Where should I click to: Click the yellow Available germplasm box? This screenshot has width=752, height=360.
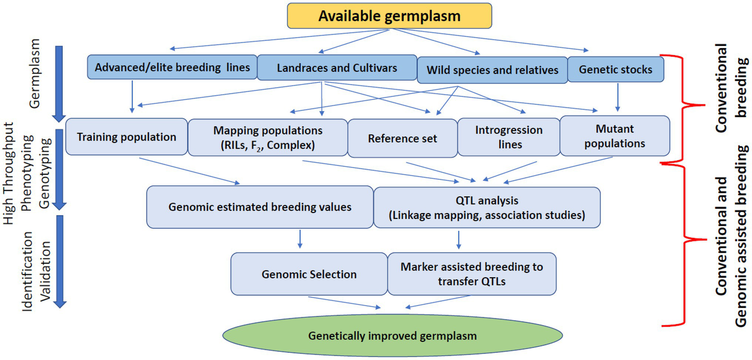tap(389, 16)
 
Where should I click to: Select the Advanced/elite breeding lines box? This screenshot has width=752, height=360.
tap(172, 67)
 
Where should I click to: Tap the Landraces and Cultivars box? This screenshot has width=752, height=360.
tap(337, 67)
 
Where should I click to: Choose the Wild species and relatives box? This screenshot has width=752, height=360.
tap(492, 70)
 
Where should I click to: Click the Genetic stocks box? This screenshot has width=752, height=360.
tap(615, 69)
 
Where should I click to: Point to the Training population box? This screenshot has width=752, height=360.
tap(126, 137)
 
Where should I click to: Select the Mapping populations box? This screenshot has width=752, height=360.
tap(267, 138)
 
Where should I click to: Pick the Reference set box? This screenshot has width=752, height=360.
tap(402, 138)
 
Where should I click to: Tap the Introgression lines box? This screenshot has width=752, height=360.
tap(509, 137)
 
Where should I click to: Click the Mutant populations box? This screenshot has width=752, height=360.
tap(614, 136)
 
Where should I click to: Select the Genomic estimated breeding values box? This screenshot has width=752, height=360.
tap(260, 207)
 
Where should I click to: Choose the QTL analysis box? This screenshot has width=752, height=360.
tap(486, 207)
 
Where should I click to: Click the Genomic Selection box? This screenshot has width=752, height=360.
tap(309, 274)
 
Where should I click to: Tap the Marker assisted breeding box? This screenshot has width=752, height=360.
tap(471, 274)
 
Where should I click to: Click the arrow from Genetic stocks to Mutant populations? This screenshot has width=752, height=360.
tap(617, 96)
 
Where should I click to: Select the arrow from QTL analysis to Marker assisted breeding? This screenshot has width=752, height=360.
tap(459, 239)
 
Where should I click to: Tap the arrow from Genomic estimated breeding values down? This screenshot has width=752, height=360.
tap(300, 239)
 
